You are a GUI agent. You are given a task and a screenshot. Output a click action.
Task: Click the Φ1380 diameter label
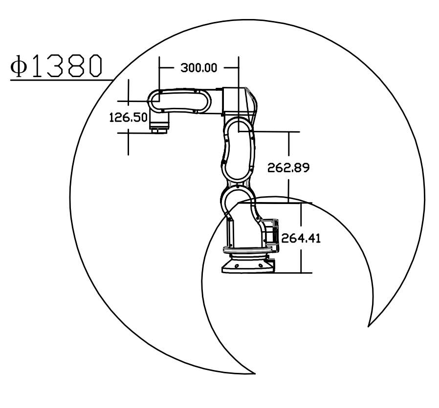point(56,66)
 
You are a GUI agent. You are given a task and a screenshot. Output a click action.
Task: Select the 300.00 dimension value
point(199,68)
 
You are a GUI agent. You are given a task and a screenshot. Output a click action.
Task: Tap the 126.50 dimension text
point(128,117)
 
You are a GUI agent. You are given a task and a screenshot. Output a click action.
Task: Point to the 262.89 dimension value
point(288,168)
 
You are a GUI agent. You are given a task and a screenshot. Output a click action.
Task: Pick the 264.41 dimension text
point(301,238)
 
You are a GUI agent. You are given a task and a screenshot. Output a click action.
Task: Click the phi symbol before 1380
point(19,66)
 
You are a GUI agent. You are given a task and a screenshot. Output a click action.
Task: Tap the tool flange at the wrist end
point(159,130)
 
